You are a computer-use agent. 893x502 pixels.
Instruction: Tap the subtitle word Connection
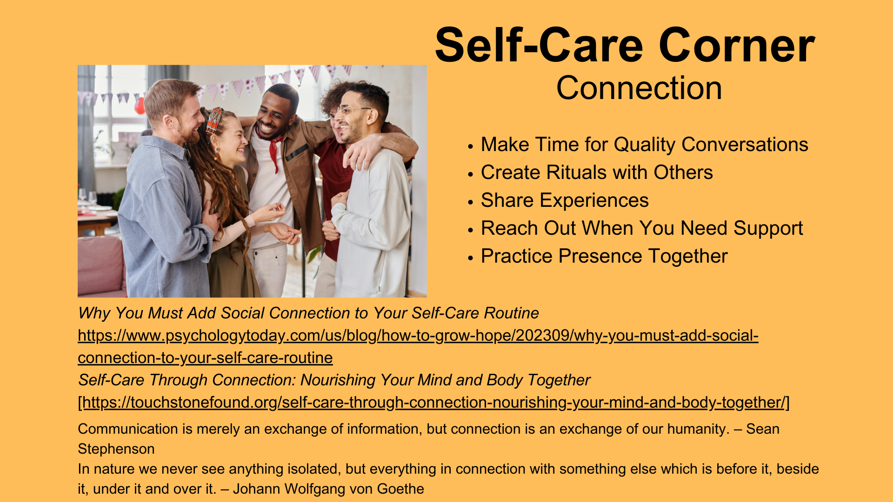coord(639,88)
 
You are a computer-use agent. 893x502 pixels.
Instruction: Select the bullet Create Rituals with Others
coord(597,172)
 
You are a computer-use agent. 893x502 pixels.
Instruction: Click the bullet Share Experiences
coord(565,200)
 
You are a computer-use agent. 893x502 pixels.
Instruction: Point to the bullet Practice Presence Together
coord(604,256)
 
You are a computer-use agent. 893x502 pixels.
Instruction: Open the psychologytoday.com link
coord(418,346)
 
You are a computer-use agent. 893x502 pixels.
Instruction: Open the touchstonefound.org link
coord(434,402)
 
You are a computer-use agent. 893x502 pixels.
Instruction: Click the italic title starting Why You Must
coord(308,313)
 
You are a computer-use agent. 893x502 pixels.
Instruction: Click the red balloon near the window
coord(140,105)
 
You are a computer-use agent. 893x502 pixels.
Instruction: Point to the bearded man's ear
coord(168,122)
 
